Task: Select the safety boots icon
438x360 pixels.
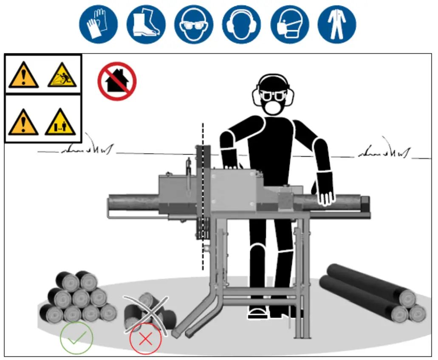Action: (x=146, y=25)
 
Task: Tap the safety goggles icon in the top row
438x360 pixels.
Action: (x=194, y=25)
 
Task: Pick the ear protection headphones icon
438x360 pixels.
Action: (x=241, y=25)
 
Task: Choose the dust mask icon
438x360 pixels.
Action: (x=289, y=25)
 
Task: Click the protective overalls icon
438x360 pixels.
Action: (x=337, y=25)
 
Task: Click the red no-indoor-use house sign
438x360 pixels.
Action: (x=117, y=82)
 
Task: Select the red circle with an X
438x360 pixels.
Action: (x=146, y=339)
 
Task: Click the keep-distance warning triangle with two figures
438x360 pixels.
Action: (x=60, y=122)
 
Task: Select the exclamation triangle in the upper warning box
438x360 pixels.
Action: (x=23, y=76)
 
